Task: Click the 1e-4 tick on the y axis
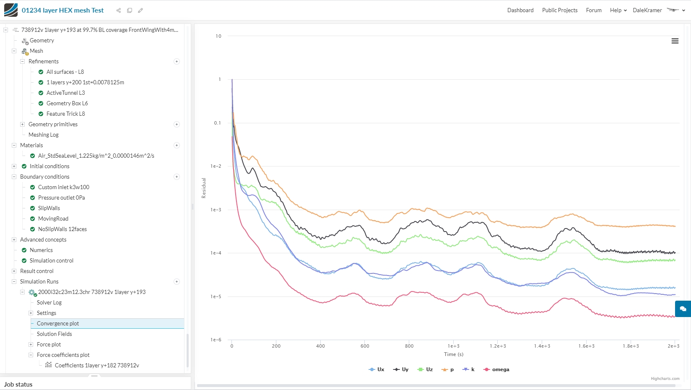click(216, 253)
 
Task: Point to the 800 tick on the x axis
click(409, 346)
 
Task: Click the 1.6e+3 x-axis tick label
click(586, 346)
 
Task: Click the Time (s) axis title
click(454, 354)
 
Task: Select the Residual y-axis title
click(204, 188)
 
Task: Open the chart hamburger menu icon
click(675, 41)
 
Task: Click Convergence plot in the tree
click(58, 323)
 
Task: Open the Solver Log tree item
click(49, 302)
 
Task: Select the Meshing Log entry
click(44, 135)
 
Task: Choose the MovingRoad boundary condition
click(53, 218)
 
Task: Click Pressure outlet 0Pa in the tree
click(62, 198)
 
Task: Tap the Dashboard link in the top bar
click(520, 10)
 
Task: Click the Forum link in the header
click(594, 10)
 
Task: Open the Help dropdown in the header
click(618, 10)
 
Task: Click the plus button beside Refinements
click(177, 61)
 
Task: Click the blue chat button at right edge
click(683, 309)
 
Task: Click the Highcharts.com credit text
click(665, 379)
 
